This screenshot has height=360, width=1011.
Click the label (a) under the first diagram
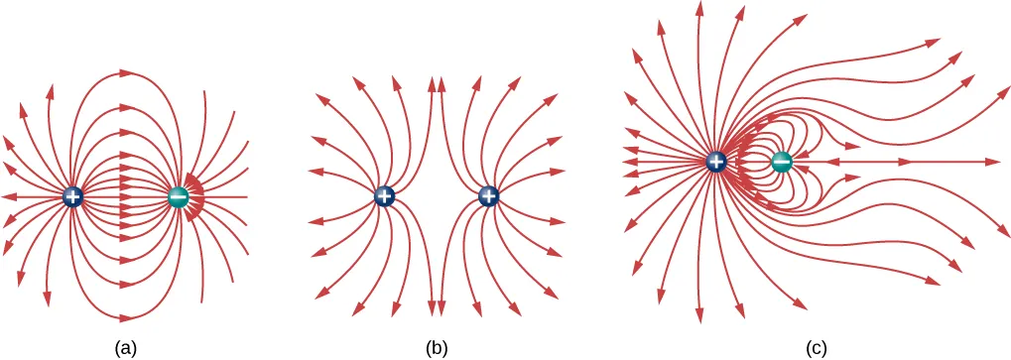tap(125, 347)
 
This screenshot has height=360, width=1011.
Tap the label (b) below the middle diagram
tap(438, 347)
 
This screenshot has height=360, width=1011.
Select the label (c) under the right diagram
tap(815, 347)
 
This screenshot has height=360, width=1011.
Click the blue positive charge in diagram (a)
tap(72, 197)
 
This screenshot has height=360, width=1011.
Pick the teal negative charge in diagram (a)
tap(179, 197)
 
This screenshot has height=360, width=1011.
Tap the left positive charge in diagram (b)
tap(385, 197)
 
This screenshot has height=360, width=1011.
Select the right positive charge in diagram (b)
tap(488, 197)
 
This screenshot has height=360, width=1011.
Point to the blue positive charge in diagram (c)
tap(717, 161)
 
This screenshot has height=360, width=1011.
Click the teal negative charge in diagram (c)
tap(782, 161)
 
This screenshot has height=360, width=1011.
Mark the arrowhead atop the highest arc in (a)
tap(126, 72)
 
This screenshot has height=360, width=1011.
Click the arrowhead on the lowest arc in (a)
tap(126, 318)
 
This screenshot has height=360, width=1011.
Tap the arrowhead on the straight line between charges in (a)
tap(126, 197)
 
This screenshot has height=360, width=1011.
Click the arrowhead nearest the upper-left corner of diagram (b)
tap(320, 96)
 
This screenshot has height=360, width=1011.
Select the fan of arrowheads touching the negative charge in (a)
tap(195, 197)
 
